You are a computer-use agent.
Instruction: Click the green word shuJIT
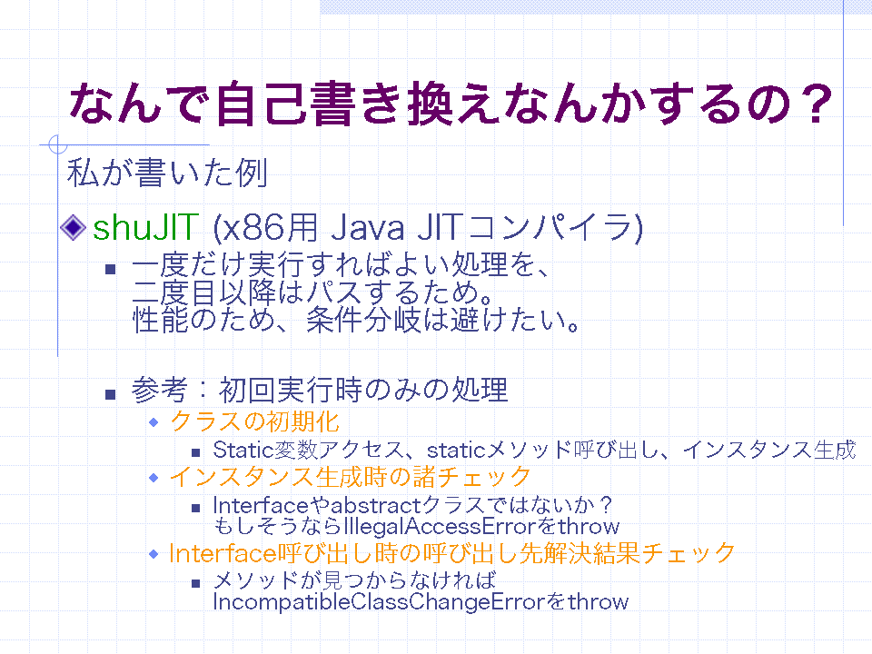tap(145, 227)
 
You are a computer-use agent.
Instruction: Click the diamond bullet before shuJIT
tap(73, 227)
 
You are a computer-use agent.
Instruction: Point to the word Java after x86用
tap(368, 228)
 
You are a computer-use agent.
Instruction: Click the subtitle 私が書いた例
tap(167, 173)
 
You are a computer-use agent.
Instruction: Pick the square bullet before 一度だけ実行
tap(110, 269)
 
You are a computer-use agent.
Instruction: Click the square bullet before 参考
tap(110, 394)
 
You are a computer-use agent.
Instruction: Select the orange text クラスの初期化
tap(254, 421)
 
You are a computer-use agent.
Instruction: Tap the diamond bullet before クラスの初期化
tap(154, 422)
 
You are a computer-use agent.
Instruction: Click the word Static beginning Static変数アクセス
tap(243, 450)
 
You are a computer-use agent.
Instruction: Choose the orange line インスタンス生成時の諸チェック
tap(351, 477)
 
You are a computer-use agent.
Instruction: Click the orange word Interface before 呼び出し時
tap(223, 553)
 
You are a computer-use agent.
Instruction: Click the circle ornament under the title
tap(58, 144)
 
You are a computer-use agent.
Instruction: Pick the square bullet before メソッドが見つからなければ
tap(195, 583)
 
